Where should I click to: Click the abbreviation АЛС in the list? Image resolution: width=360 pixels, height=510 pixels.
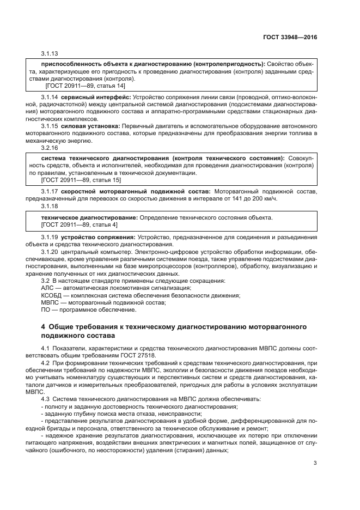click(48, 287)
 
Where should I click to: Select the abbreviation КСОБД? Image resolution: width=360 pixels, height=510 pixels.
click(52, 295)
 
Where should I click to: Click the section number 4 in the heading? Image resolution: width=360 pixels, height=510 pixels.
click(44, 326)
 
